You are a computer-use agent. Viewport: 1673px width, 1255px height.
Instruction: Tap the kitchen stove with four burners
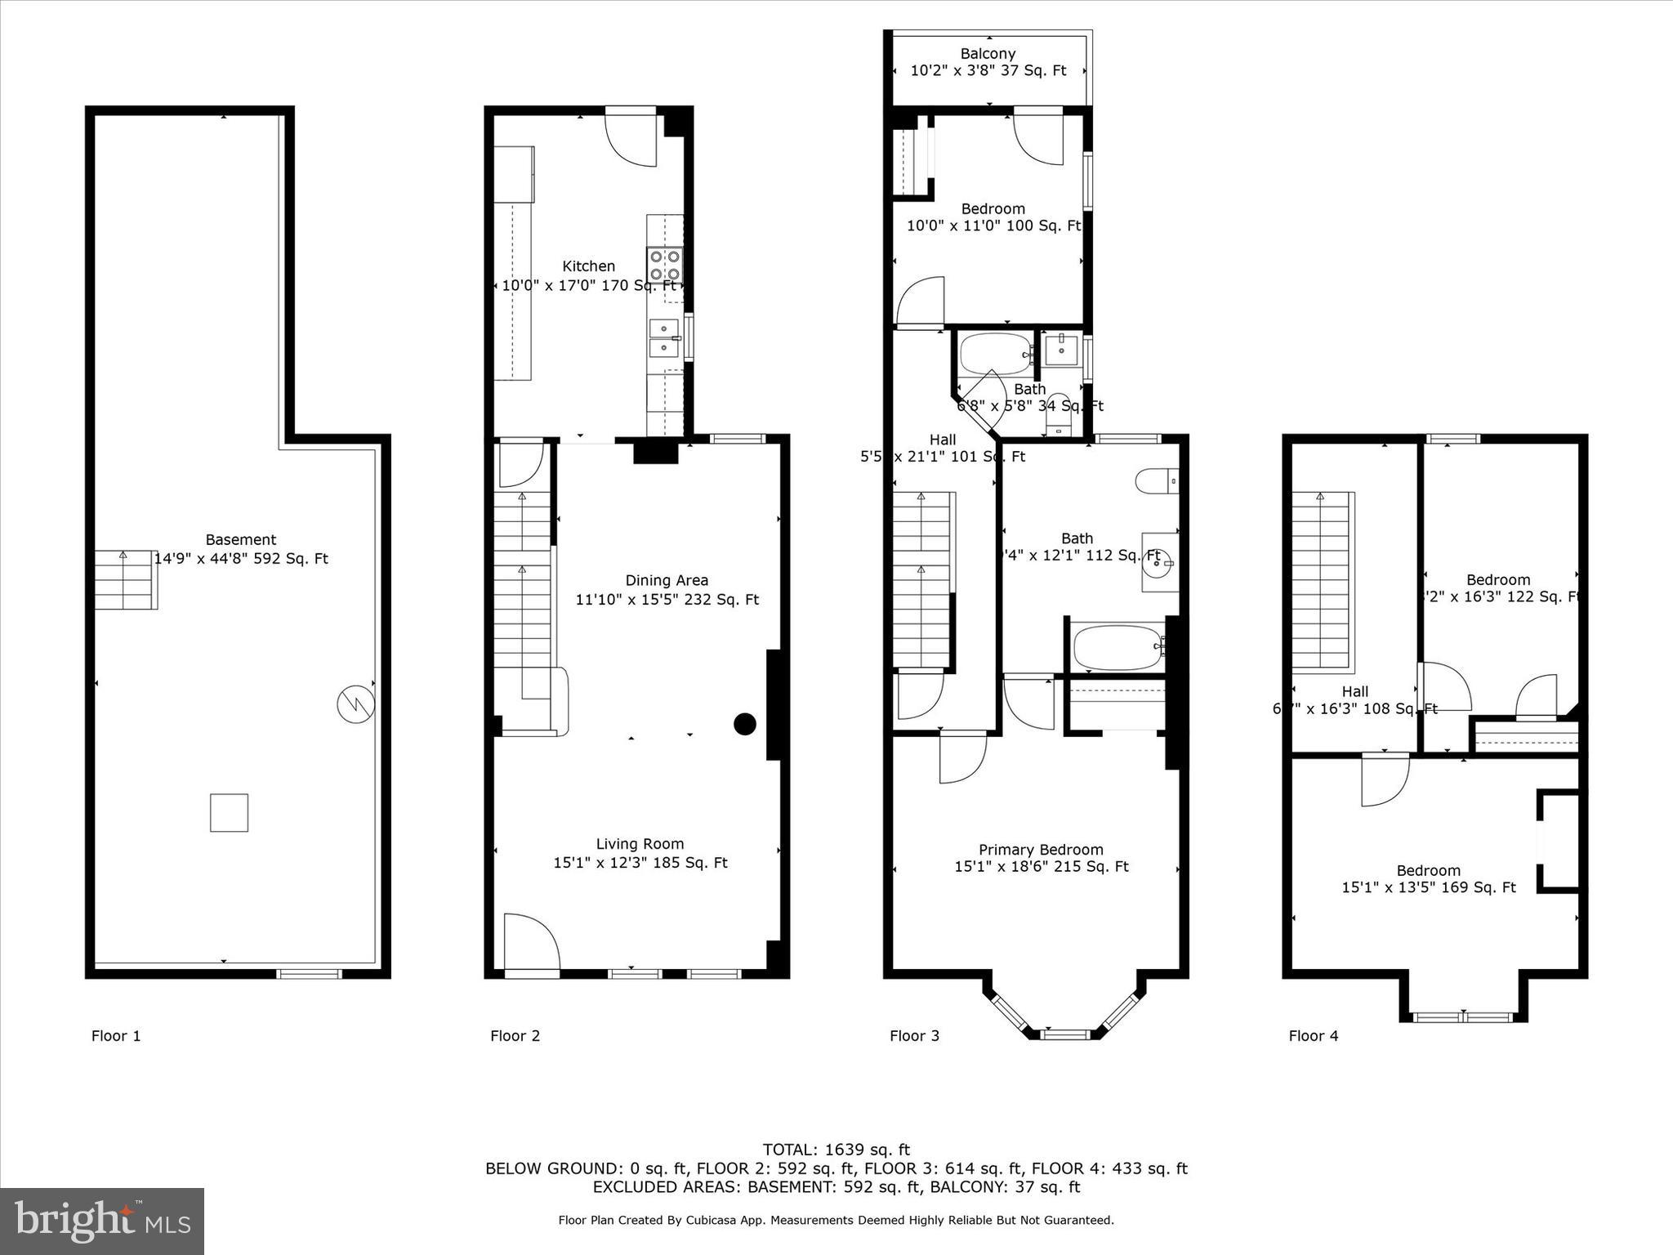665,266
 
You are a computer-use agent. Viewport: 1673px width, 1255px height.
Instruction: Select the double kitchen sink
663,338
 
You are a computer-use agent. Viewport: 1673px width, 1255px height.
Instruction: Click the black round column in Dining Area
744,724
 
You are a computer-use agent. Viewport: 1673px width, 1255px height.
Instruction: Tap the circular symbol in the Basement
356,704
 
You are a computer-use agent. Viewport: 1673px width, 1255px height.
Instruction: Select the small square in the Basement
229,813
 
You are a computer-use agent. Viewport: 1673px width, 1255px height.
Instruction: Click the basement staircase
125,580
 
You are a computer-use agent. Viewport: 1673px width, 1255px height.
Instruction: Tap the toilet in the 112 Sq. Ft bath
1157,481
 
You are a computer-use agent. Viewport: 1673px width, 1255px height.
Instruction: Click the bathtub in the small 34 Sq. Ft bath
994,354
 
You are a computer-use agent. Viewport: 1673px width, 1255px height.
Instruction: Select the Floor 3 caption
914,1036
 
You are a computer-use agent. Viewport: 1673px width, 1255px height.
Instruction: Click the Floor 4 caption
1313,1036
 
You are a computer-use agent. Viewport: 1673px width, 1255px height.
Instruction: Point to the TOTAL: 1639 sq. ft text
836,1150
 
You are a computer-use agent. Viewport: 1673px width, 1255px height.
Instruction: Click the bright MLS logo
101,1222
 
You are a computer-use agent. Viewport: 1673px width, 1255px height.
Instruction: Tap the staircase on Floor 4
1321,582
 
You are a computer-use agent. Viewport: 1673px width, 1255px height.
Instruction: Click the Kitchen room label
588,266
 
